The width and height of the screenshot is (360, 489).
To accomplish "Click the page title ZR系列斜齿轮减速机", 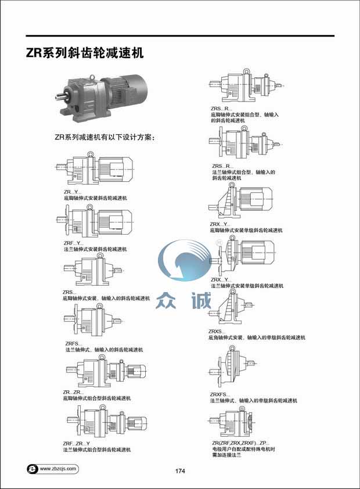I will tap(85, 53).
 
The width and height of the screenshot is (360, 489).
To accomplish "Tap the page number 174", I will tap(179, 470).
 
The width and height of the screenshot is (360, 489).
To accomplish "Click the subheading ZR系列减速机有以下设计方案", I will tap(107, 138).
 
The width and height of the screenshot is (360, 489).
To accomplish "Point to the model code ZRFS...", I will tap(72, 343).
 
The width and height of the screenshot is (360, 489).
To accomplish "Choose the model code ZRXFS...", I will tap(221, 395).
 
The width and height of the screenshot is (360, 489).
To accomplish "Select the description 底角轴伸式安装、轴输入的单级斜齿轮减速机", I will tap(257, 337).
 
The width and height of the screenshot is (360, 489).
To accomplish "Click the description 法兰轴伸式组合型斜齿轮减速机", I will tap(98, 450).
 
